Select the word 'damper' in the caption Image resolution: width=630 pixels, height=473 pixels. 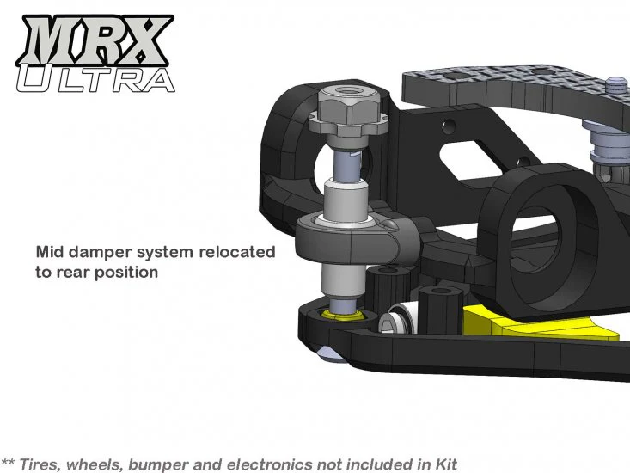pos(110,253)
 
